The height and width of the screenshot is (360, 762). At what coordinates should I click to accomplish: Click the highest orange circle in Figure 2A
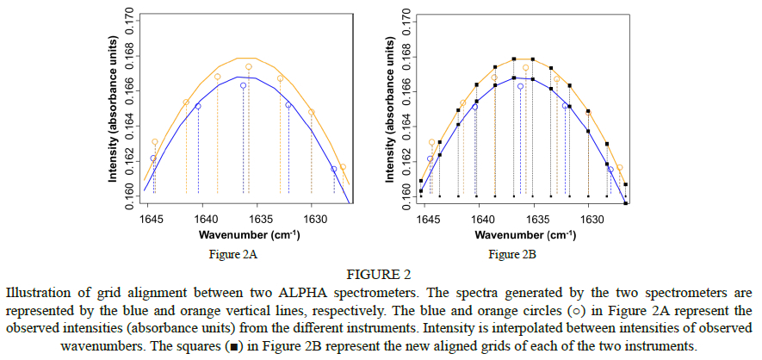point(249,67)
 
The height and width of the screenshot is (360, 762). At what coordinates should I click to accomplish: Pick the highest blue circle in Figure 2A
point(244,86)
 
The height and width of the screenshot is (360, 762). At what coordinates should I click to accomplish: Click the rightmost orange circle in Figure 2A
point(343,167)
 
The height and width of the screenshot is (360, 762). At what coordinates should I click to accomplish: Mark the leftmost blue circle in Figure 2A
point(153,158)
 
